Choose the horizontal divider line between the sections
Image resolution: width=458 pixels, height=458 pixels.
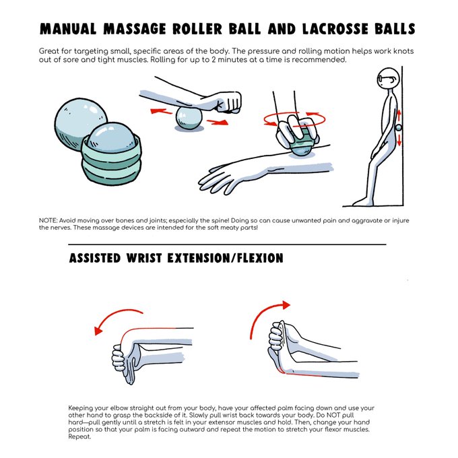point(228,243)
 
